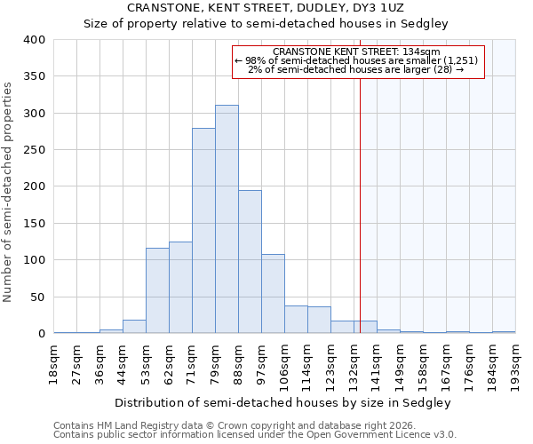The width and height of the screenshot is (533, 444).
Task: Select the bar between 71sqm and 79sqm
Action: click(203, 231)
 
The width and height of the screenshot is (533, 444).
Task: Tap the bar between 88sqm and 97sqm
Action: click(250, 262)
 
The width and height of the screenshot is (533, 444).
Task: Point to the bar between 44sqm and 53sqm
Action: click(134, 327)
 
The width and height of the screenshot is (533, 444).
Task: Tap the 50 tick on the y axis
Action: click(38, 297)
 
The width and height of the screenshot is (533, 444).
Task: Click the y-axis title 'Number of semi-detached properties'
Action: click(9, 191)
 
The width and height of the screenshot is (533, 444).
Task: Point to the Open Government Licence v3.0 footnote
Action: click(255, 435)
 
